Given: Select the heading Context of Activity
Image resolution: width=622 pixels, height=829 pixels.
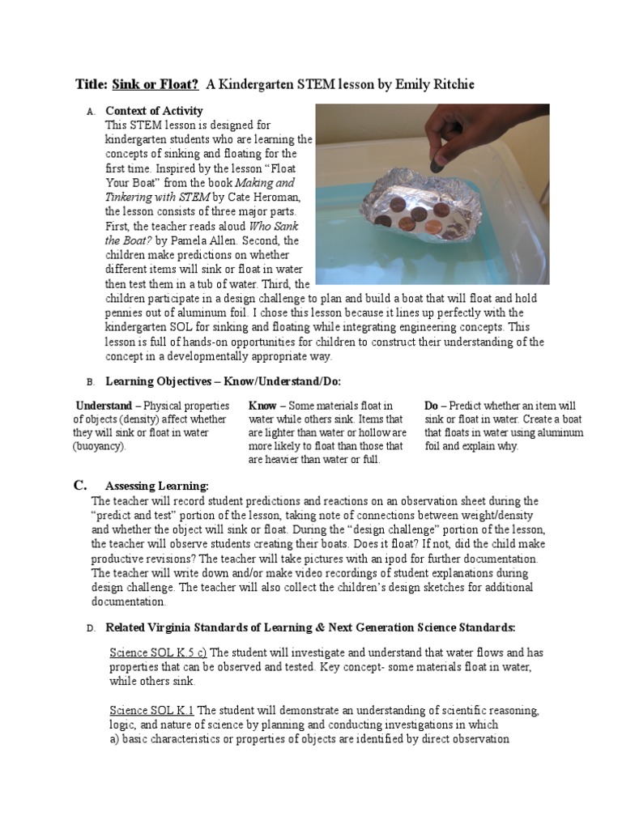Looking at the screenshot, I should [x=155, y=111].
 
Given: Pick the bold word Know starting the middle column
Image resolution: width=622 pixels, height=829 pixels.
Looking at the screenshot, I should [x=262, y=406].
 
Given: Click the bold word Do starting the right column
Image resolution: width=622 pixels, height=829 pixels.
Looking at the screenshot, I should [x=432, y=406].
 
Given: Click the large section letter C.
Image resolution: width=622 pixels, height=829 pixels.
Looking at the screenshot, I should [x=79, y=486].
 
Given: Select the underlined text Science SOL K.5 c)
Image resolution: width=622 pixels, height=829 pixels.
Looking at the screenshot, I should [x=158, y=652].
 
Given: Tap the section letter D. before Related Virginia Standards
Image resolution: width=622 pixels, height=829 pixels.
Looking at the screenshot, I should [x=90, y=628].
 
